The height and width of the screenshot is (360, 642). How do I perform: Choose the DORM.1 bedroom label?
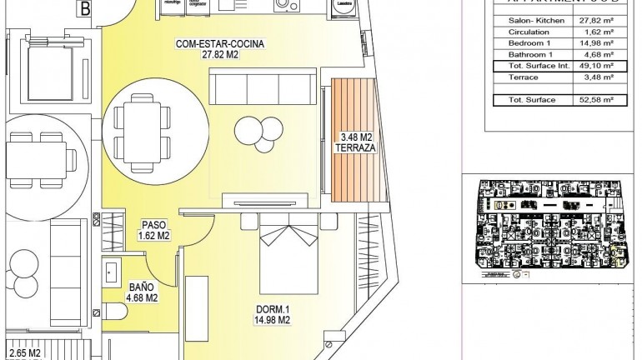pyautogui.click(x=273, y=308)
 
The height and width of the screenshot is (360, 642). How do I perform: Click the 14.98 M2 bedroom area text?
pyautogui.click(x=273, y=319)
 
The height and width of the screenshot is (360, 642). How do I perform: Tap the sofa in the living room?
pyautogui.click(x=262, y=87)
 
